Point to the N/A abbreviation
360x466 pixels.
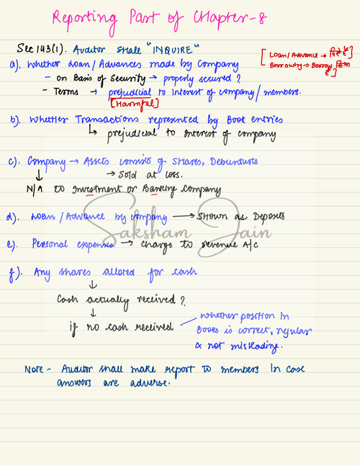pos(27,189)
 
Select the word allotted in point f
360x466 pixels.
pos(114,272)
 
